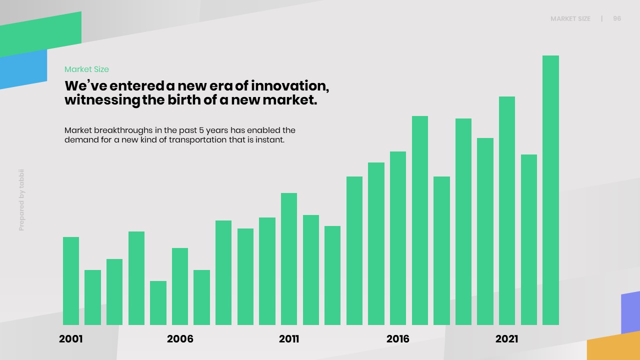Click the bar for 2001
click(71, 281)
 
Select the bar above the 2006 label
click(180, 286)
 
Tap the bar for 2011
click(289, 259)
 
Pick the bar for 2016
click(398, 238)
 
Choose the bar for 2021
click(507, 210)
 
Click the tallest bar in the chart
click(550, 190)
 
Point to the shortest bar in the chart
click(158, 303)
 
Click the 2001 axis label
click(71, 339)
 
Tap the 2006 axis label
click(180, 339)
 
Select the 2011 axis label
click(289, 339)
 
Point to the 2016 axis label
click(398, 339)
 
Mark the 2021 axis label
click(507, 339)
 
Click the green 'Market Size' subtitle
click(86, 69)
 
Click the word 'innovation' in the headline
click(289, 85)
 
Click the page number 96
click(617, 18)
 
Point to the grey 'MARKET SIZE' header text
click(570, 19)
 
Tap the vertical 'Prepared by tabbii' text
click(21, 200)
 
